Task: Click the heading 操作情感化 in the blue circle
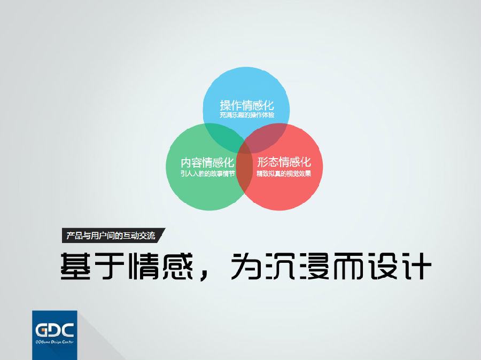246,105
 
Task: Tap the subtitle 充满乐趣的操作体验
246,115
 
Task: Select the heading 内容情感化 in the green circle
207,162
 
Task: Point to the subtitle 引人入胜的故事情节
208,174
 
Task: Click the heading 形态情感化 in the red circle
284,162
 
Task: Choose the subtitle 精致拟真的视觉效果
284,174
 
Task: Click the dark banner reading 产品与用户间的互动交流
113,236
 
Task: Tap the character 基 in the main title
75,266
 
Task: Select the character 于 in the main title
110,266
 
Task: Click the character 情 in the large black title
144,266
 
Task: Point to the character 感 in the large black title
177,266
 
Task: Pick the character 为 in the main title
246,266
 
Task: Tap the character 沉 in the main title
280,266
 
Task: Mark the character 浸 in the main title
314,266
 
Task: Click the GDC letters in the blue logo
55,330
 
